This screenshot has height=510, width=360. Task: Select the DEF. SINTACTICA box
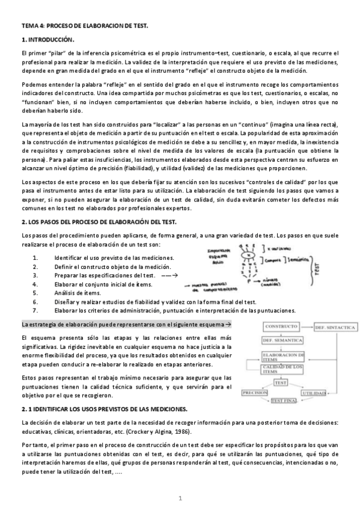click(x=331, y=327)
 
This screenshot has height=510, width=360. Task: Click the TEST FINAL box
click(x=284, y=400)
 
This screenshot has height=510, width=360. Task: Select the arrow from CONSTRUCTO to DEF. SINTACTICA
click(x=308, y=327)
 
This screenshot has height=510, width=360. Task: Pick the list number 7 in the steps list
click(x=36, y=311)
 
